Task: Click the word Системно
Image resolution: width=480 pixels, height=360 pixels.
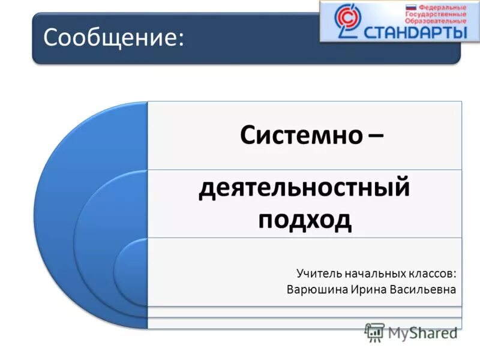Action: tap(301, 135)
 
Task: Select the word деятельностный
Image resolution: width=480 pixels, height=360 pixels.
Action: tap(304, 189)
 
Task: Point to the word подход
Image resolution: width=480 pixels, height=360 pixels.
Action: tap(304, 220)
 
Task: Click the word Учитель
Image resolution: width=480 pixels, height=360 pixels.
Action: tap(319, 274)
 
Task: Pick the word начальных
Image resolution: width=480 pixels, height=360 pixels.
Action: tap(371, 274)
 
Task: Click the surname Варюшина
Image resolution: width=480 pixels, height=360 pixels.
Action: tap(316, 289)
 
